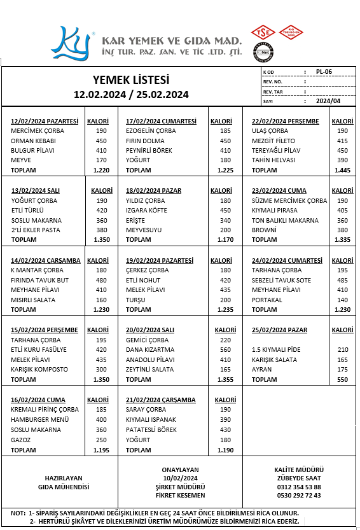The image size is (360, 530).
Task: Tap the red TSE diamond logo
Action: tap(263, 32)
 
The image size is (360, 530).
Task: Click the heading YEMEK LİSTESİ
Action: tap(131, 80)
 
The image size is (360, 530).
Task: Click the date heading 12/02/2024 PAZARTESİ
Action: tap(45, 121)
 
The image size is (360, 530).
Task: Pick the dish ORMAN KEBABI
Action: tap(32, 141)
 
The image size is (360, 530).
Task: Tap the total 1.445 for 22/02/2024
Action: tap(342, 170)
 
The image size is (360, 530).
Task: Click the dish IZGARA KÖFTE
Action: tap(146, 210)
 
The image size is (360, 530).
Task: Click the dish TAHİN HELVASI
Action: tap(273, 160)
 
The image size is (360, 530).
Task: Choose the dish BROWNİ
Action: tap(264, 230)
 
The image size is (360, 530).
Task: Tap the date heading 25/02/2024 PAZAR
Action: tap(279, 330)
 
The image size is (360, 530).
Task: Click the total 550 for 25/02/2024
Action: tap(343, 379)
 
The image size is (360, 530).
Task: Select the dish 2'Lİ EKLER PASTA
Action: tap(36, 230)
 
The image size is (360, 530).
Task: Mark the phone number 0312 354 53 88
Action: tap(299, 487)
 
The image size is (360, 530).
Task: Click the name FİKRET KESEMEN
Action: tap(181, 495)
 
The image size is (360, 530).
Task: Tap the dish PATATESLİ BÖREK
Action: tap(151, 430)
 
